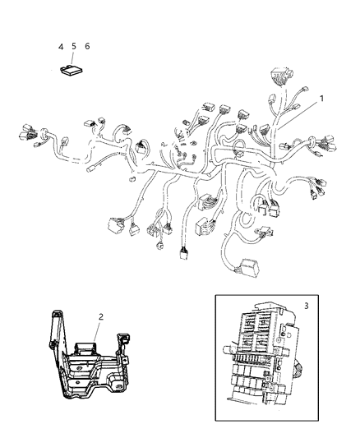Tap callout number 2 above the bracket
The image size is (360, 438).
click(x=101, y=316)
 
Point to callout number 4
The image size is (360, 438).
click(x=61, y=47)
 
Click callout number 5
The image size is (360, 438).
click(x=73, y=47)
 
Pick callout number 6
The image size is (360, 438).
click(x=87, y=47)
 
